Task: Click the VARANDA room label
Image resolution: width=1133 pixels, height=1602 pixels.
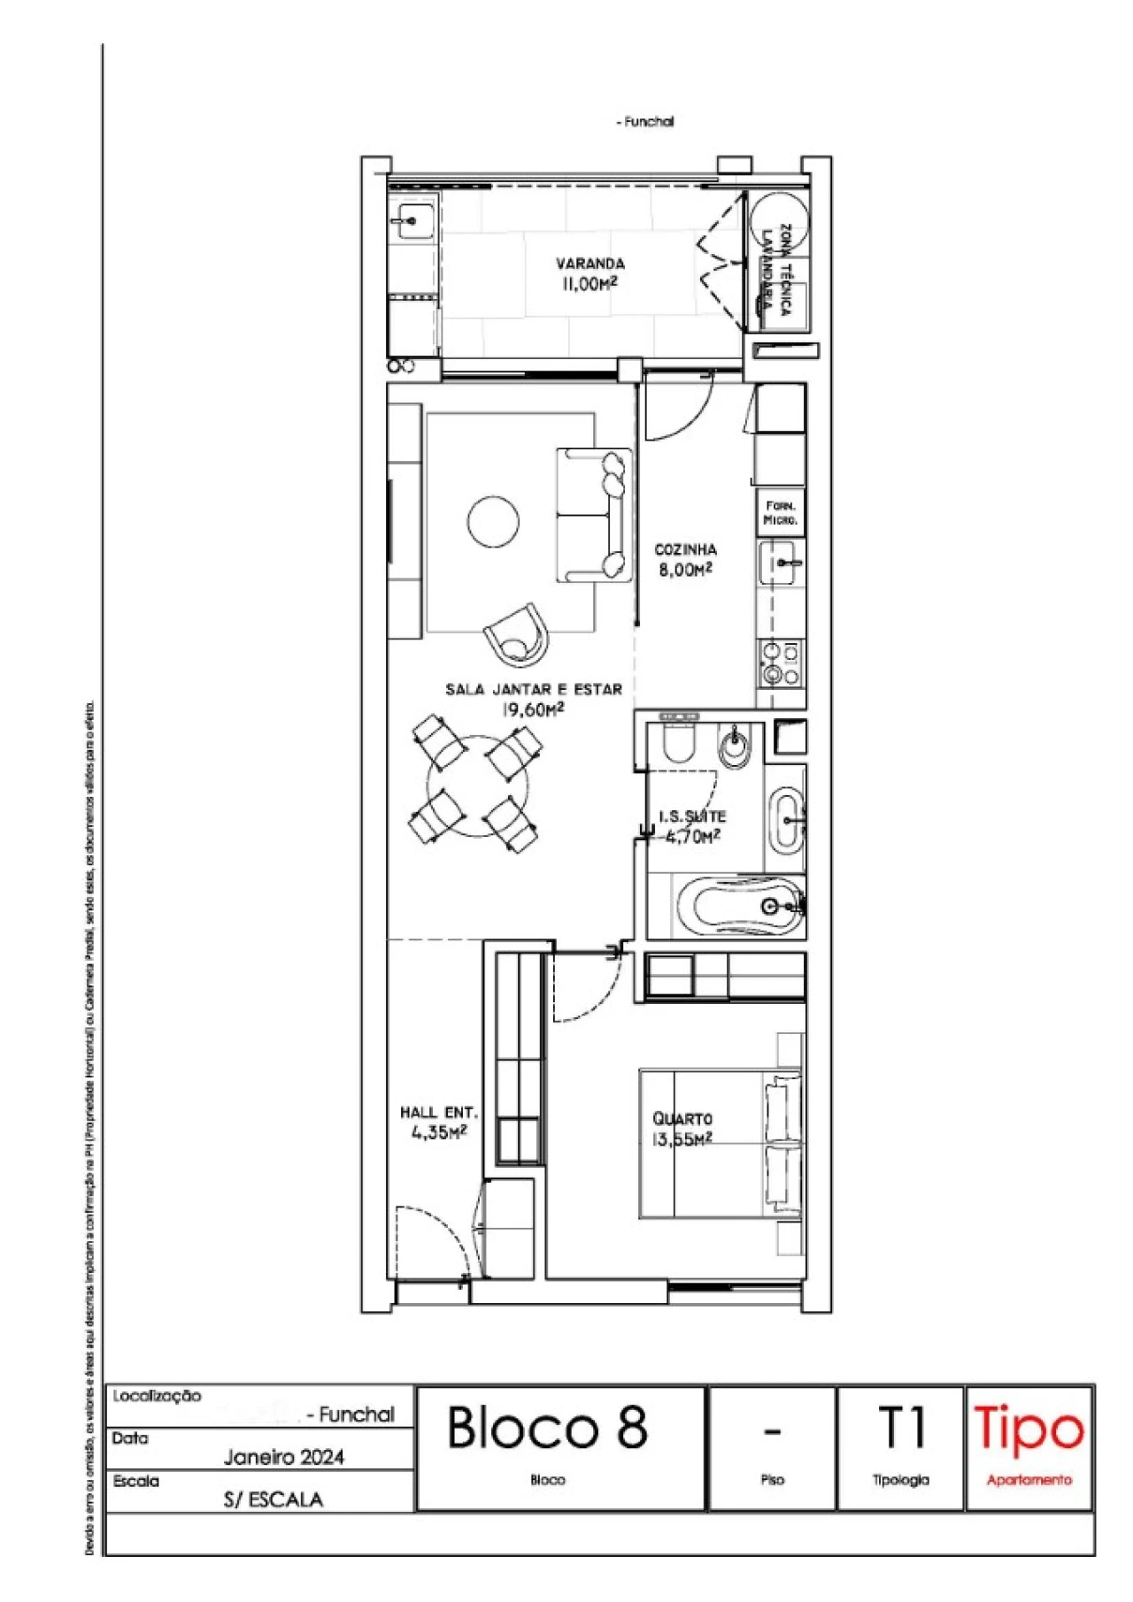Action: pos(590,263)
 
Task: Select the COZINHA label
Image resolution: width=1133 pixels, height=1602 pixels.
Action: pos(685,549)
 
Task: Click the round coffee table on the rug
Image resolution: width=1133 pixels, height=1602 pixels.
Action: pos(494,522)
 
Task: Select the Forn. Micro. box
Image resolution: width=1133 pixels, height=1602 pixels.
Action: pos(781,513)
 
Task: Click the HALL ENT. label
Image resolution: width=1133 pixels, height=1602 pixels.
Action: pos(438,1112)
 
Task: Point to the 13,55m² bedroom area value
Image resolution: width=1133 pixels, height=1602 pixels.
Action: pos(682,1140)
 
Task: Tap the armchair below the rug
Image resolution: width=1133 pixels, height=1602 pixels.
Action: pos(517,632)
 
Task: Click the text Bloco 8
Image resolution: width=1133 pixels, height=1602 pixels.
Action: pos(548,1428)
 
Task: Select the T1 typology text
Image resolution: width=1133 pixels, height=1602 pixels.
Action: pos(901,1428)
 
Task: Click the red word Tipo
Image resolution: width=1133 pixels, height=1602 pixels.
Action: pos(1029,1429)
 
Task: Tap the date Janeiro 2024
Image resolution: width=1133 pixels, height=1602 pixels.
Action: pos(283,1457)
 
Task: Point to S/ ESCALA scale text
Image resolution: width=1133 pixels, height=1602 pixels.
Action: pos(273,1499)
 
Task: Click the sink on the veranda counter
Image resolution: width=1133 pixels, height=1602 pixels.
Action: pos(412,218)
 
